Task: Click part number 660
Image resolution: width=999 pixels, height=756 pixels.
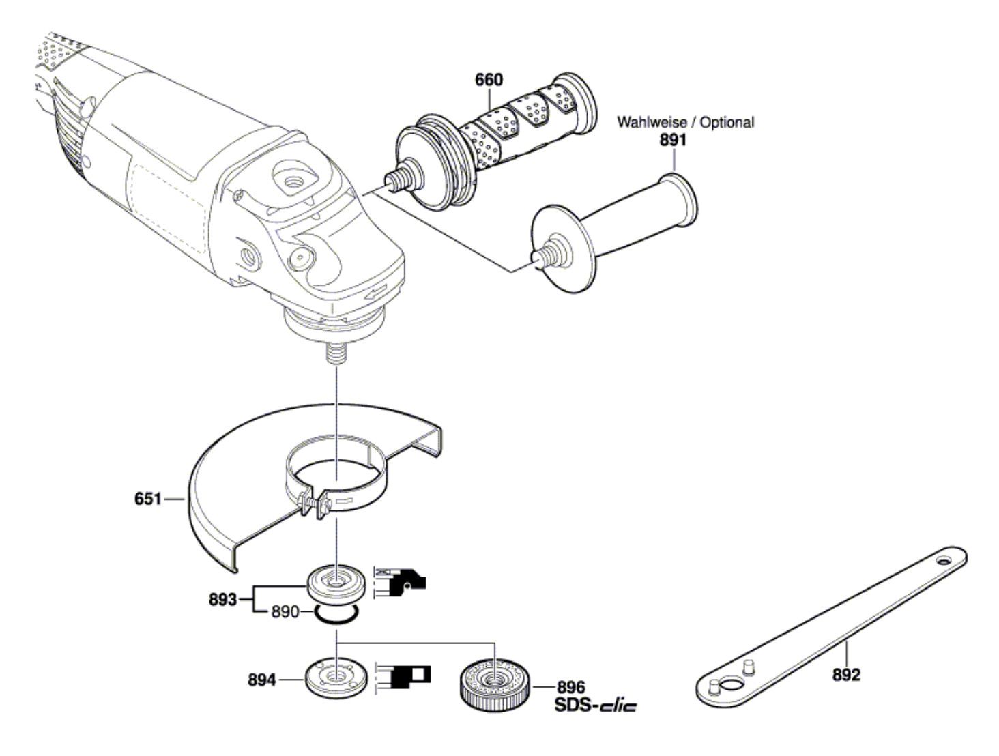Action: tap(489, 80)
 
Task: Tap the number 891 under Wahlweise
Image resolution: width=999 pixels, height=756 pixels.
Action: tap(673, 140)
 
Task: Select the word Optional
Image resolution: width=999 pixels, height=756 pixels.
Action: tap(727, 122)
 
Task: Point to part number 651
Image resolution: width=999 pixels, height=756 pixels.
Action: tap(148, 499)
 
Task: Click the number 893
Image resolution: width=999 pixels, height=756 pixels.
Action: tap(223, 600)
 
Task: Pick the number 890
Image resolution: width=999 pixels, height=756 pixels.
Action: tap(285, 612)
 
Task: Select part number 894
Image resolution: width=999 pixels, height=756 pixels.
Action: tap(262, 680)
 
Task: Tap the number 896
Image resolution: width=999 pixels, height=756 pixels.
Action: tap(571, 687)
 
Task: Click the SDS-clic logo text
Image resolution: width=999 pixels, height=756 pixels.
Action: tap(595, 706)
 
